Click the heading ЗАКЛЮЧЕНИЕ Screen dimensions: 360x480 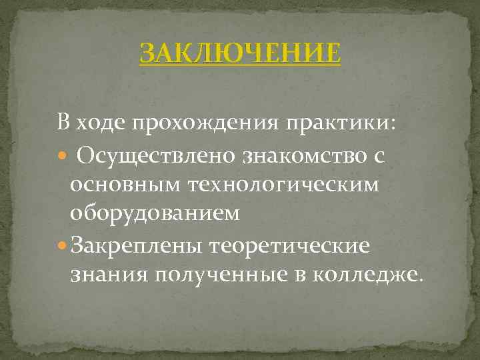point(240,53)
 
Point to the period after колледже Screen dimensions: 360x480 point(419,280)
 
